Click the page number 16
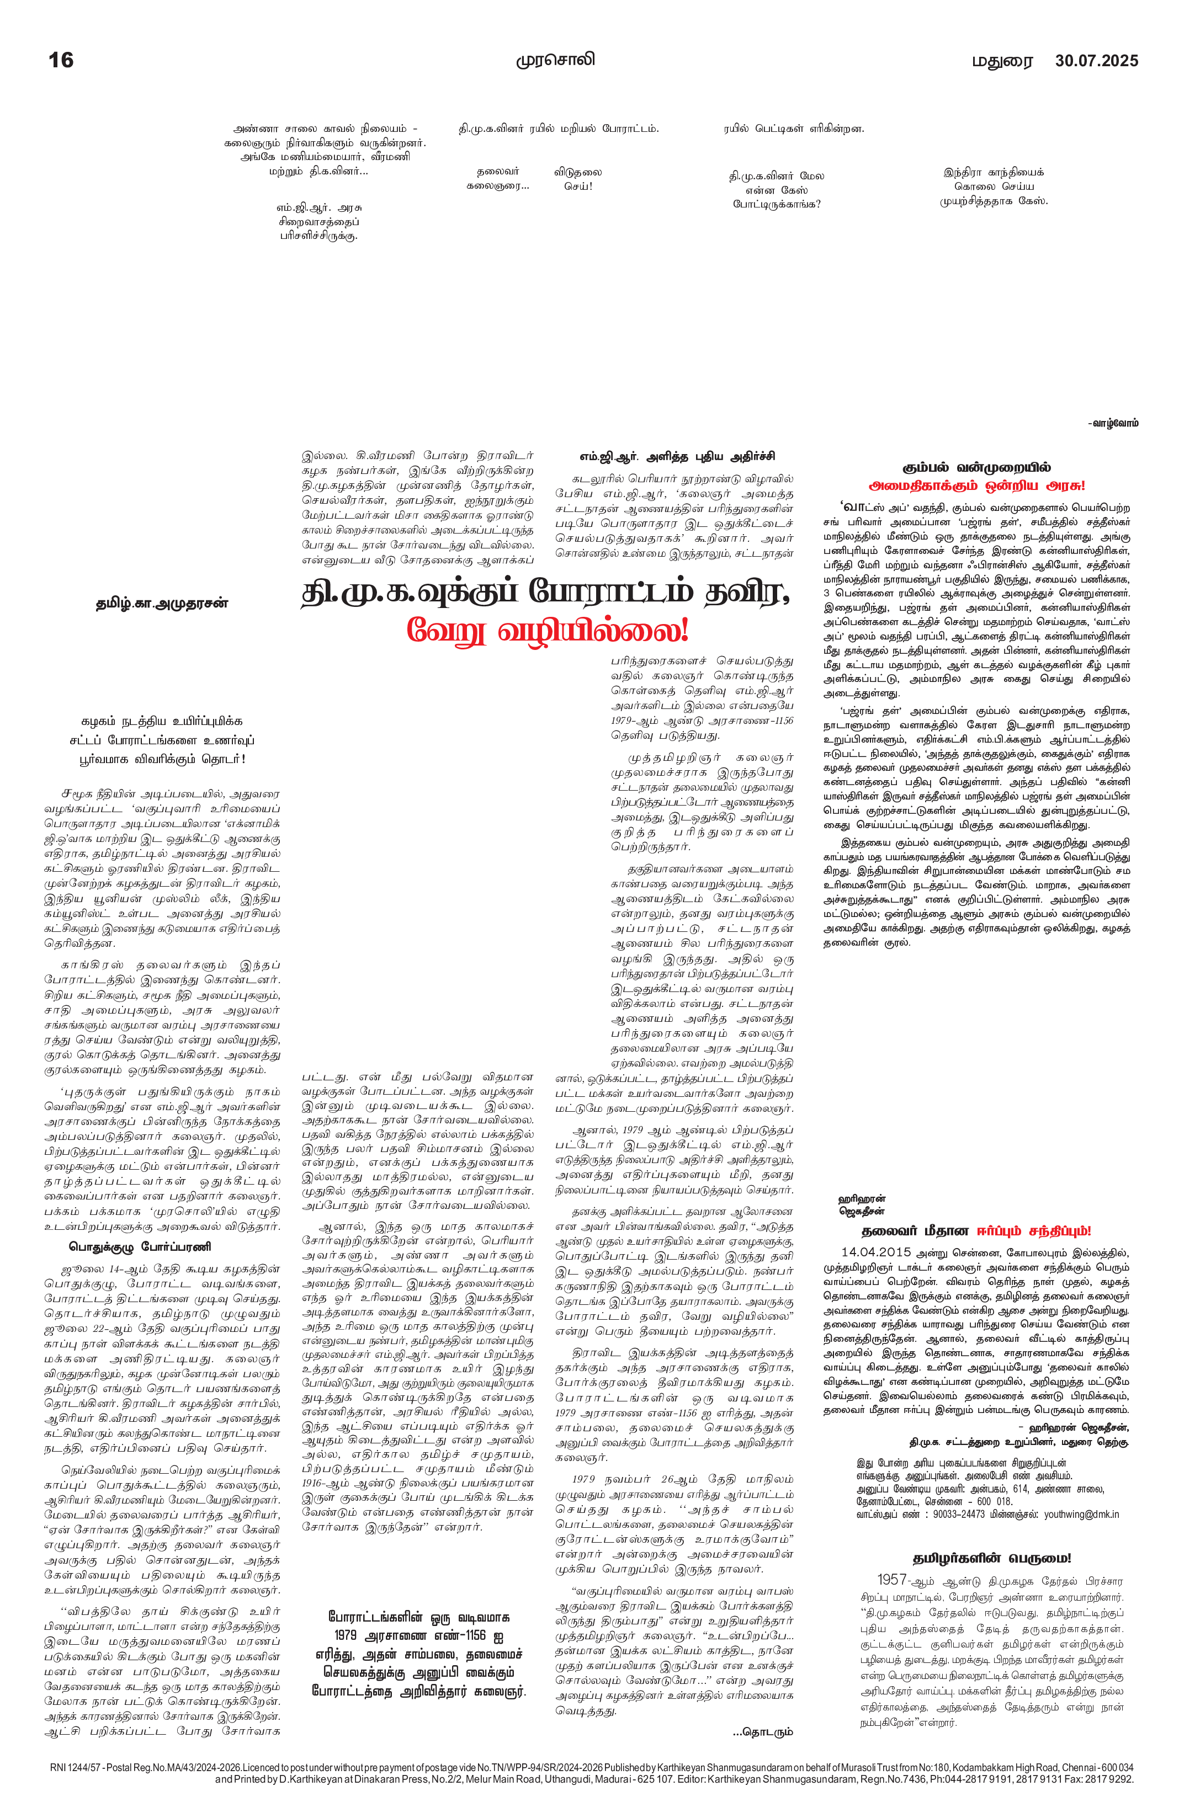(61, 60)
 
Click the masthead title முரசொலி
(555, 60)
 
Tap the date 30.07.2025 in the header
(1096, 60)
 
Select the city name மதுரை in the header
(1002, 61)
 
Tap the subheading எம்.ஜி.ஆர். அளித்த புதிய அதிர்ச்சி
(677, 456)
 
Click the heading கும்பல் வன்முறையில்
(976, 467)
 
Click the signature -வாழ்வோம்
(1113, 423)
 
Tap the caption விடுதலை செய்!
(578, 179)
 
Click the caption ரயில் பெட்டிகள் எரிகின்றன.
(794, 129)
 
